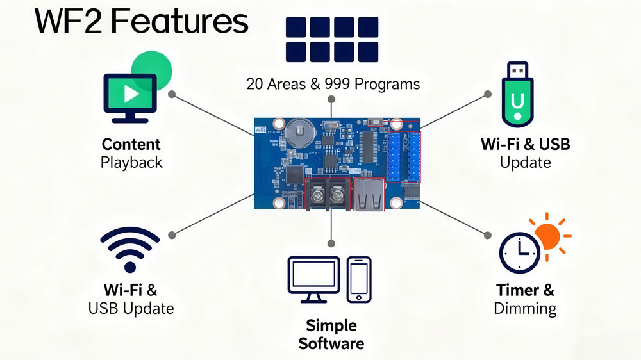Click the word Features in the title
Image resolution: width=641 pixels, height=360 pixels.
pyautogui.click(x=180, y=22)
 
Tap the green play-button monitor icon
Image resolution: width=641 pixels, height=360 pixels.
pyautogui.click(x=129, y=95)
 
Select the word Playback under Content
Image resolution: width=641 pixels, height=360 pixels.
pyautogui.click(x=131, y=162)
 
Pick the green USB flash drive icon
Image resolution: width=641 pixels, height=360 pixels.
pyautogui.click(x=517, y=92)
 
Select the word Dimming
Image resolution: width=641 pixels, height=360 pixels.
pyautogui.click(x=525, y=308)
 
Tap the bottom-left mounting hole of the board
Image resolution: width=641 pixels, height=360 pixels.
pyautogui.click(x=279, y=204)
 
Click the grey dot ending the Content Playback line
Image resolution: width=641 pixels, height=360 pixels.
pyautogui.click(x=172, y=94)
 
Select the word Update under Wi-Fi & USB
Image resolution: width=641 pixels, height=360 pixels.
pyautogui.click(x=525, y=162)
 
